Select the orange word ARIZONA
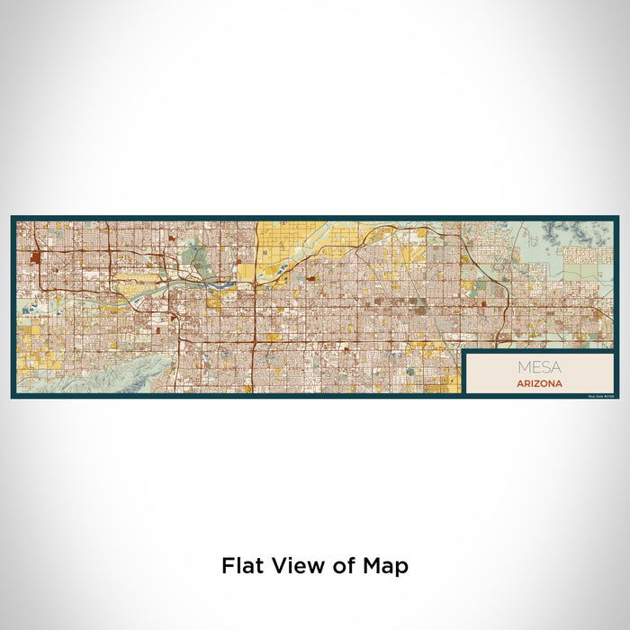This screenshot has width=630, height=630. pyautogui.click(x=540, y=383)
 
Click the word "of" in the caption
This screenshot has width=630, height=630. pyautogui.click(x=346, y=566)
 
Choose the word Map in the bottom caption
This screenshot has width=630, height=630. pyautogui.click(x=387, y=566)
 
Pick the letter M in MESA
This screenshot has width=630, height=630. pyautogui.click(x=523, y=367)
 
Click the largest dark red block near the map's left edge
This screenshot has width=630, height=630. pyautogui.click(x=35, y=257)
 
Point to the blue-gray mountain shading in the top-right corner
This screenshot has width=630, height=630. pyautogui.click(x=594, y=231)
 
